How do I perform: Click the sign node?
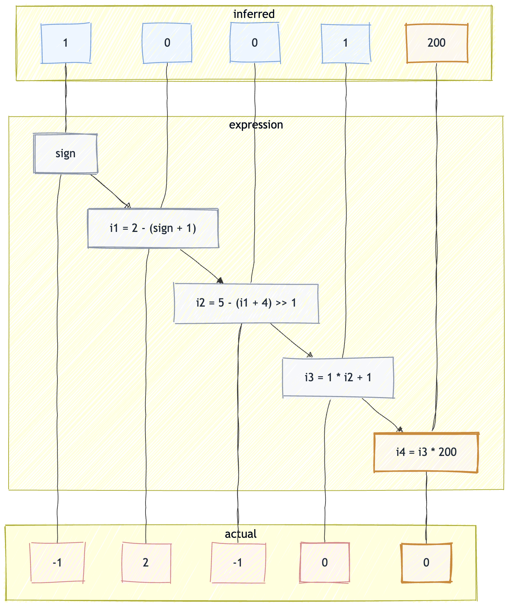pos(66,154)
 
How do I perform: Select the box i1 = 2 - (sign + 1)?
pos(153,228)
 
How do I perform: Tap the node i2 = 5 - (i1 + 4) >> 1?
pos(246,303)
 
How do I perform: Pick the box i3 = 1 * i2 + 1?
pos(338,377)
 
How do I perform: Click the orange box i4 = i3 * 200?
pos(426,452)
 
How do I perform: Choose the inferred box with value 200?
pos(437,43)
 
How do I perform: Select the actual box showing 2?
pos(146,563)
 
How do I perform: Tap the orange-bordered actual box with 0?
pos(426,563)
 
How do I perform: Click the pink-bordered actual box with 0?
pos(325,563)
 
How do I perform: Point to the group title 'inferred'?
pos(254,14)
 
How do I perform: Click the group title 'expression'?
pos(256,125)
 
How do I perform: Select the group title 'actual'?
pos(241,534)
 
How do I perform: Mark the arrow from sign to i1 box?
pos(110,190)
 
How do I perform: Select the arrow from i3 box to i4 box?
pos(382,415)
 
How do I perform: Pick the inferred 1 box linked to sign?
pos(66,43)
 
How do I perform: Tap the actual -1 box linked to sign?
pos(57,563)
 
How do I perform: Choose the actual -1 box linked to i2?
pos(238,563)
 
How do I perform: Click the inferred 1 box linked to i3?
pos(346,43)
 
